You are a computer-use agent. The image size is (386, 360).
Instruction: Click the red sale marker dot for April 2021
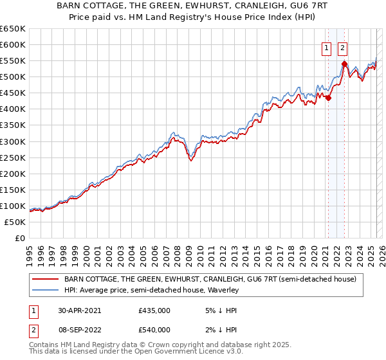329,98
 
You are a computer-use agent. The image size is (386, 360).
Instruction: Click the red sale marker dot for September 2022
345,64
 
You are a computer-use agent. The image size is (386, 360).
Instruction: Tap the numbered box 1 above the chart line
326,47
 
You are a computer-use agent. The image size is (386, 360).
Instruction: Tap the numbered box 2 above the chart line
342,47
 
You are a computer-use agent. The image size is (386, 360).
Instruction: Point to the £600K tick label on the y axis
12,44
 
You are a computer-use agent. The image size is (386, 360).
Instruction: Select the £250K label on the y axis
12,157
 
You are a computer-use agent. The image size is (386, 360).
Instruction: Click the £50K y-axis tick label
15,222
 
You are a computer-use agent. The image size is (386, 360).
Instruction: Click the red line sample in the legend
44,279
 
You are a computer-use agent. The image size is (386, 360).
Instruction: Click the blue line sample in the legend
44,291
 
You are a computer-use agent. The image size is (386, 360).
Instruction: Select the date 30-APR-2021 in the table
78,310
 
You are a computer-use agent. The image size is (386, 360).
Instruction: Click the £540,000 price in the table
154,330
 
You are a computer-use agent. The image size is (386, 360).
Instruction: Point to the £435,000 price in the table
154,310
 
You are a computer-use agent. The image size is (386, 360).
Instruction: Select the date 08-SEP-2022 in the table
78,330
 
